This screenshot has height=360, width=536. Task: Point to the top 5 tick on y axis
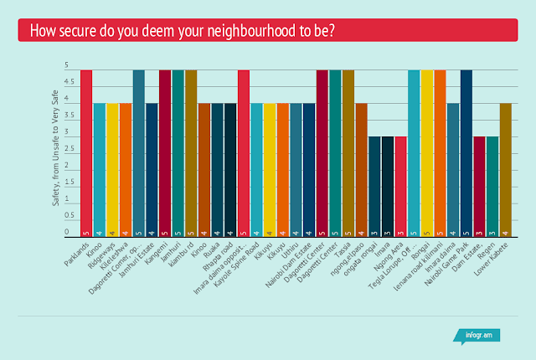[x=67, y=65]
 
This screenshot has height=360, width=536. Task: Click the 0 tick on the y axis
[x=67, y=231]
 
